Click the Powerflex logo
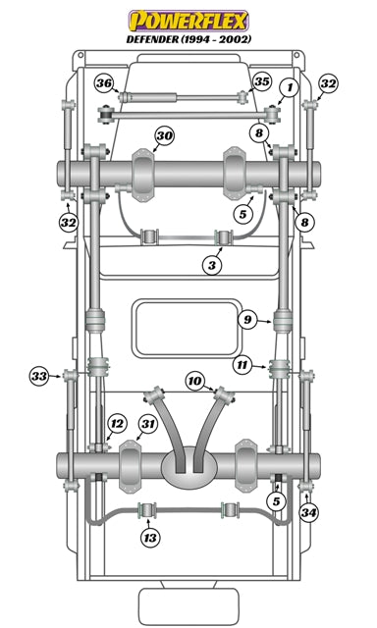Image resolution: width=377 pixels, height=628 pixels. coord(188,18)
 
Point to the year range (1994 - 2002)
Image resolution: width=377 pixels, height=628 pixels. coord(221,39)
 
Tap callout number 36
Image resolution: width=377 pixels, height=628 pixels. coord(105,83)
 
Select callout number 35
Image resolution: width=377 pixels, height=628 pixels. coord(261,81)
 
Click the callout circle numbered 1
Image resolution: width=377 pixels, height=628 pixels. coord(287,89)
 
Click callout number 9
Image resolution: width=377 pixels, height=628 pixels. coord(247,318)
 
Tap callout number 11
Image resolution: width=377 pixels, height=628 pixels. coord(242,365)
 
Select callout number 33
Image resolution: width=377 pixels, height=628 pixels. coord(39,376)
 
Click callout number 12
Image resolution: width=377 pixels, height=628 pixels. coord(117,424)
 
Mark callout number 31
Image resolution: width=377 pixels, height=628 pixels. coord(147,424)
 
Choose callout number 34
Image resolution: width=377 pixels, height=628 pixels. coord(309,512)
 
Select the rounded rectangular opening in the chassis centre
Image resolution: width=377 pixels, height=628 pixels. coord(187,328)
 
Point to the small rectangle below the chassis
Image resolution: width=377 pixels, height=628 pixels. coord(188,602)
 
